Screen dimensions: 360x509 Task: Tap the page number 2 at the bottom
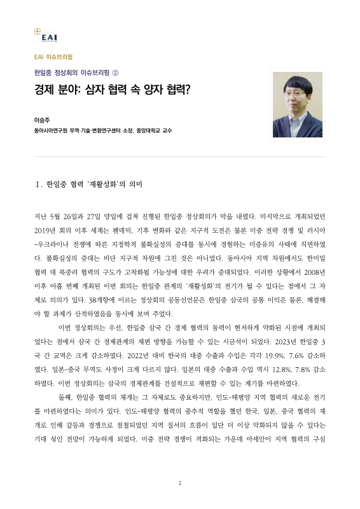pyautogui.click(x=180, y=484)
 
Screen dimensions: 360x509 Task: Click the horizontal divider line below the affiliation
pyautogui.click(x=180, y=157)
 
